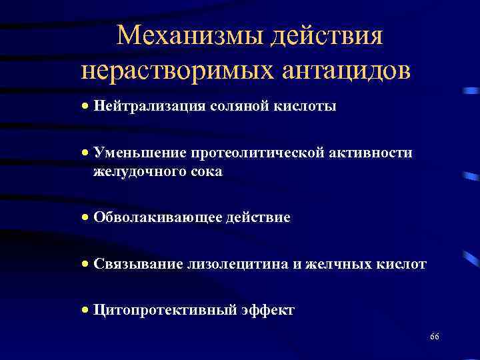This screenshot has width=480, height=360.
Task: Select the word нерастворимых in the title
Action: point(167,70)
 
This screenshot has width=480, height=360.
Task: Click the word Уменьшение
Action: point(131,153)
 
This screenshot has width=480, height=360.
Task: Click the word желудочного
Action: point(138,171)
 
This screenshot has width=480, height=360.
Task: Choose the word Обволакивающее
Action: point(151,218)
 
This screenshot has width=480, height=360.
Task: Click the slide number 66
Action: point(434,336)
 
